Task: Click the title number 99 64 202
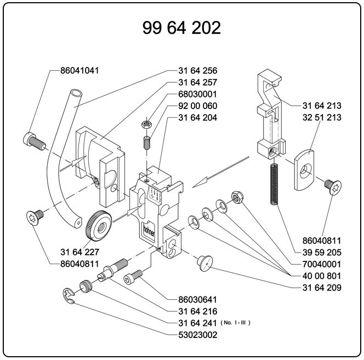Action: [x=181, y=27]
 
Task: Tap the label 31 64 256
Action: [x=197, y=71]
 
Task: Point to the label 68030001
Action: [x=197, y=94]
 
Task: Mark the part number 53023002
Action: [x=198, y=334]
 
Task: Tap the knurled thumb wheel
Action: [x=99, y=224]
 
